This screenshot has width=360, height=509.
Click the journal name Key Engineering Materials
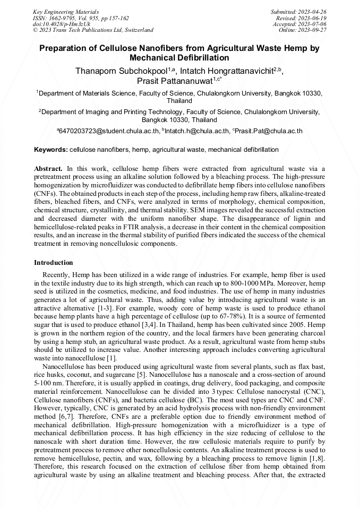[x=65, y=11]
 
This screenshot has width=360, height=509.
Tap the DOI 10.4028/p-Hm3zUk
[x=61, y=24]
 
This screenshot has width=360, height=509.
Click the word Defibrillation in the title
[x=203, y=57]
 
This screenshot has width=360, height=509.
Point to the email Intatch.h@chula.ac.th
[x=196, y=131]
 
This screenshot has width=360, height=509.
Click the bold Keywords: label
[x=51, y=150]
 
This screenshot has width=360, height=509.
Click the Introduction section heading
[x=54, y=263]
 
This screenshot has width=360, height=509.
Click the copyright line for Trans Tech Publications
[x=93, y=30]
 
